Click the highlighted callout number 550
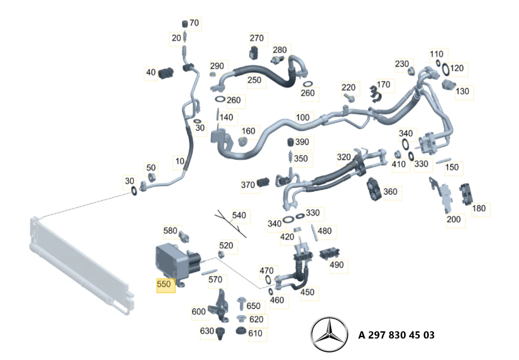coord(166,285)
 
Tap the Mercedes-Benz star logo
coord(329,335)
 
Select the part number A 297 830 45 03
coord(396,335)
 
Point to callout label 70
coord(195,23)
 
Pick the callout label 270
coord(256,38)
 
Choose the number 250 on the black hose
coord(254,80)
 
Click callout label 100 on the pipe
coord(303,117)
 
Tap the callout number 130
coord(462,92)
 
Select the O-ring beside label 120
coord(445,69)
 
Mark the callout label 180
coord(479,208)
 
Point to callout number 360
coord(390,191)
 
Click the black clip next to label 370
coord(263,183)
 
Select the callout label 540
coord(239,215)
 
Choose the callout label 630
coord(207,331)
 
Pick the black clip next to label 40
coord(166,73)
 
